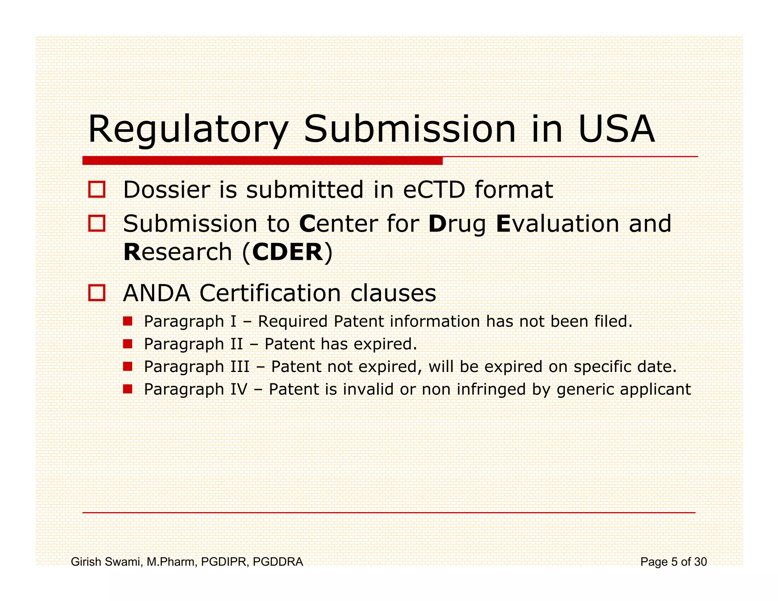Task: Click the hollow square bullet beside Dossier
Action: coord(96,189)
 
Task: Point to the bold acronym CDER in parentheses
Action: coord(288,252)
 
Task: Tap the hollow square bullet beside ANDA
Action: coord(96,293)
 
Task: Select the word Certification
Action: coord(270,293)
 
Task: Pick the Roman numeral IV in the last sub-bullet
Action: coord(239,389)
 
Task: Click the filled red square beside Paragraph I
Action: coord(128,321)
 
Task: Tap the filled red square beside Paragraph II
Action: coord(128,344)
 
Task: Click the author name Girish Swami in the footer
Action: coord(106,561)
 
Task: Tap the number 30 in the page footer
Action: coord(700,561)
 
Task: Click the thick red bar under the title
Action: coord(262,160)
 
